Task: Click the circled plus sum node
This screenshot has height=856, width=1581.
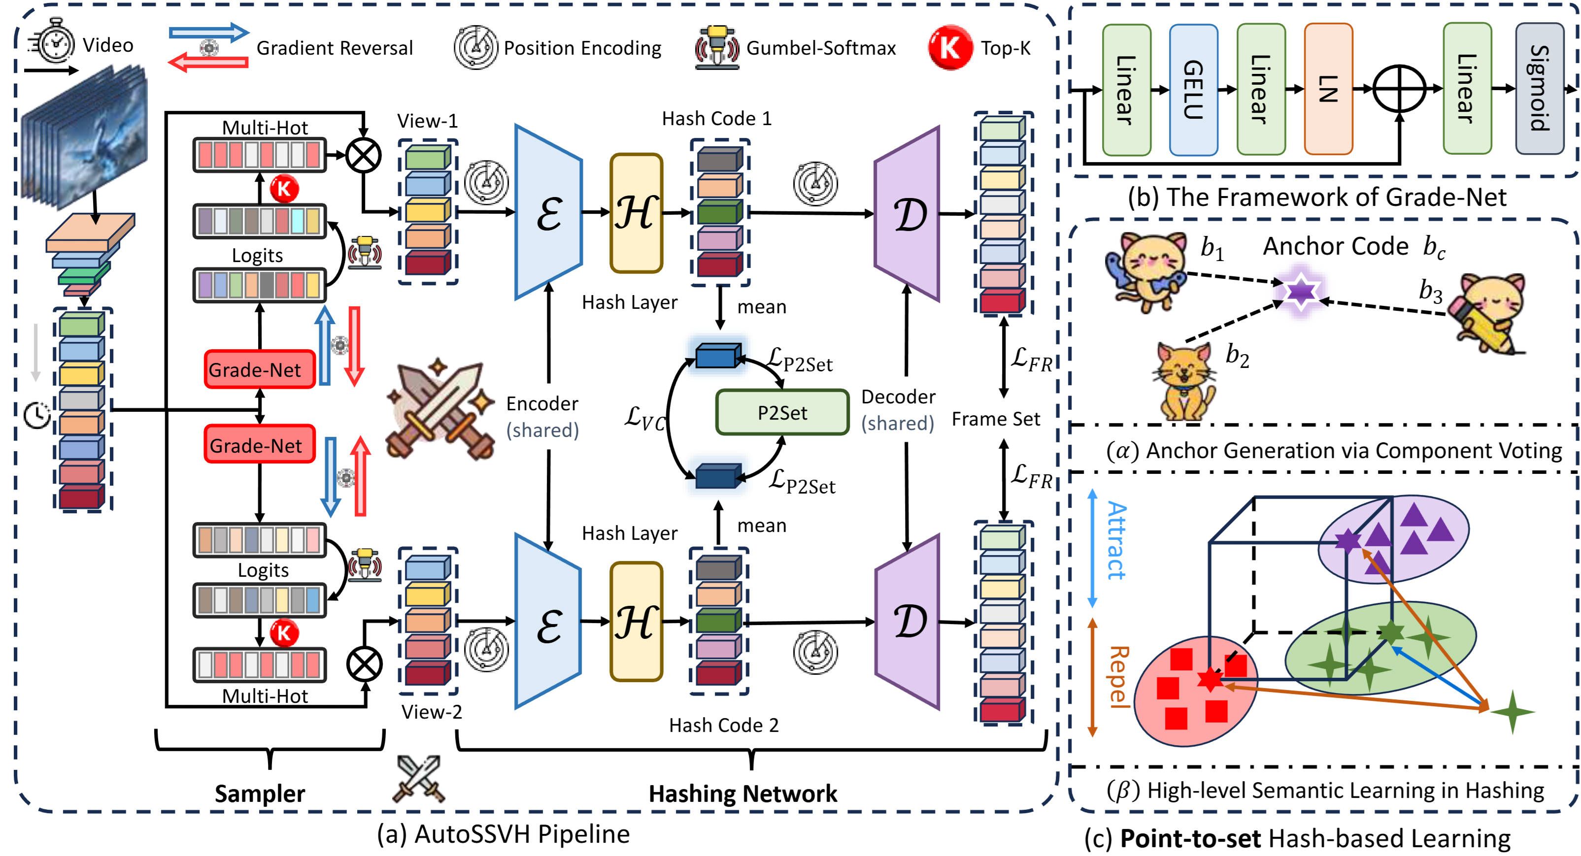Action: (1399, 90)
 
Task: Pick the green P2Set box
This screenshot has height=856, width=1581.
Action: (782, 412)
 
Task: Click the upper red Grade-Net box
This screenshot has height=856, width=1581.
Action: (259, 369)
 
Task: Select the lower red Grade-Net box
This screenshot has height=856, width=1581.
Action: (259, 445)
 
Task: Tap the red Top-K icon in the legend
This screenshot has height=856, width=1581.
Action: (949, 47)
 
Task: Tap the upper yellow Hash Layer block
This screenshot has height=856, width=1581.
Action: (636, 213)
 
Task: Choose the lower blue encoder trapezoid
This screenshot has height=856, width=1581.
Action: (547, 621)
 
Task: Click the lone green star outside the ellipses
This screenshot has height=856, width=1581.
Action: (1512, 712)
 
